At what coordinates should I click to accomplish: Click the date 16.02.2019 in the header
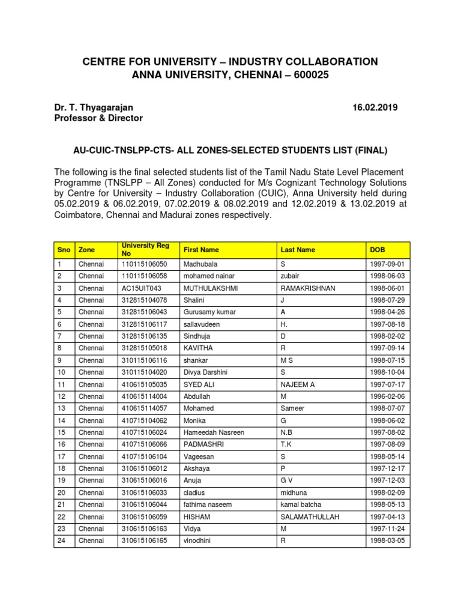click(x=375, y=108)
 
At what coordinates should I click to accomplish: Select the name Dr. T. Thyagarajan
click(x=94, y=108)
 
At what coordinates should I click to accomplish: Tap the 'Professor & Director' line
click(x=98, y=118)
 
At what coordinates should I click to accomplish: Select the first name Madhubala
click(x=200, y=264)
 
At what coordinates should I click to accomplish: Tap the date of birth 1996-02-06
click(x=388, y=396)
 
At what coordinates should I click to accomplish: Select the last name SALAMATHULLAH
click(x=310, y=517)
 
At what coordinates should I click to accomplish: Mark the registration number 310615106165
click(x=145, y=541)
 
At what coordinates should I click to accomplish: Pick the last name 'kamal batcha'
click(x=301, y=504)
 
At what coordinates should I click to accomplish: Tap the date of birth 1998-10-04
click(x=388, y=372)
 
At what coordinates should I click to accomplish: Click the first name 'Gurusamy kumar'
click(x=209, y=312)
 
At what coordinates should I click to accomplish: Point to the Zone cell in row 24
click(x=91, y=541)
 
